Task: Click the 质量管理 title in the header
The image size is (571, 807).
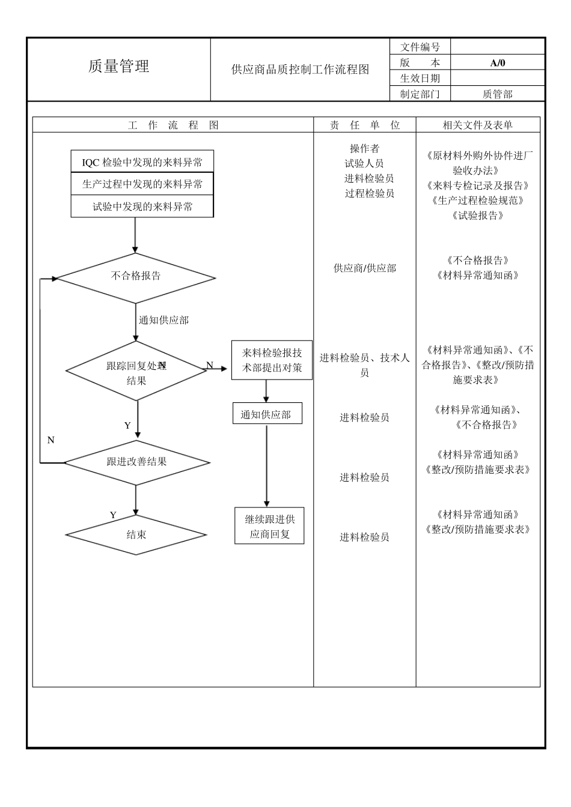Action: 118,67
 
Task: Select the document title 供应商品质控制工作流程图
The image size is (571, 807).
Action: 300,70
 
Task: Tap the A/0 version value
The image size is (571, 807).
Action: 498,62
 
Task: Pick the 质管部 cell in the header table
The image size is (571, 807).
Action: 497,94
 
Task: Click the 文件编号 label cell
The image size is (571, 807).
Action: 420,47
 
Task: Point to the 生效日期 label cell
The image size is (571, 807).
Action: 420,78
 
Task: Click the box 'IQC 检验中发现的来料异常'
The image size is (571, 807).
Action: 142,162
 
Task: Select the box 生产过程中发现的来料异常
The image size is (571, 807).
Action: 142,184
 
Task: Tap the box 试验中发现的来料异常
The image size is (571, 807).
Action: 142,207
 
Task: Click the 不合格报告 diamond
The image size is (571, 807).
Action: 136,277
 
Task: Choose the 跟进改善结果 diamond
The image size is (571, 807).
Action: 136,462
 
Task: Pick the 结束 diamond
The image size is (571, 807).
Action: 136,534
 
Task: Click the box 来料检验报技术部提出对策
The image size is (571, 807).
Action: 272,360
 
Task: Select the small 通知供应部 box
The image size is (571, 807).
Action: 266,414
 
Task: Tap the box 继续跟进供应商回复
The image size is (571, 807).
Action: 269,526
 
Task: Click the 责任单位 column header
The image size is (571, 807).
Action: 364,125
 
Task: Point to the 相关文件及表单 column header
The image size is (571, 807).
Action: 478,125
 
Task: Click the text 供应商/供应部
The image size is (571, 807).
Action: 364,268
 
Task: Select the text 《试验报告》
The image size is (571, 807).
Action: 478,216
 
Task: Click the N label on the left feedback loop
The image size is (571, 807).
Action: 50,440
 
